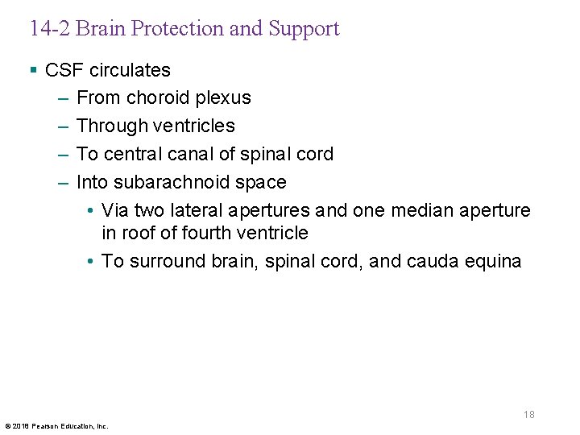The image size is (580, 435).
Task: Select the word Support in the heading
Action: [304, 29]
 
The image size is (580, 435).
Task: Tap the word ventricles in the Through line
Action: [197, 126]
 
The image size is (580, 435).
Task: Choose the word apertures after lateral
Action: [269, 211]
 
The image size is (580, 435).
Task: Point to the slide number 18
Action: [528, 415]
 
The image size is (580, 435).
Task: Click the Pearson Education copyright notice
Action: [56, 425]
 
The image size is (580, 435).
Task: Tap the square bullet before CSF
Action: [33, 70]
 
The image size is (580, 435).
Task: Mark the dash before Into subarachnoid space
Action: [64, 183]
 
